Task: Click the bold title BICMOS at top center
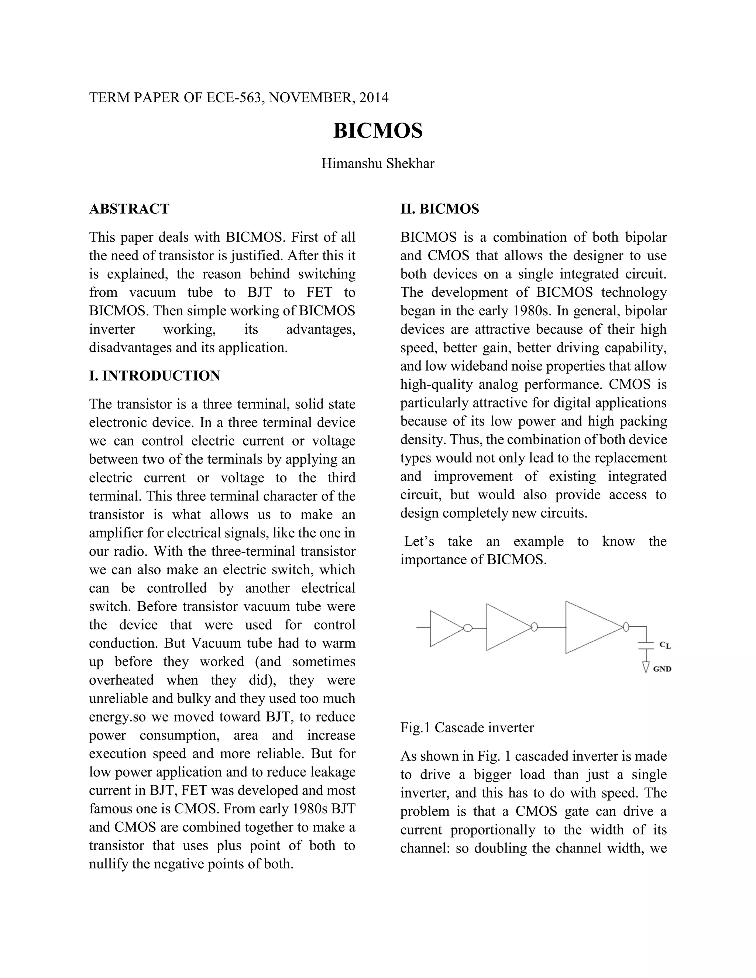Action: (378, 131)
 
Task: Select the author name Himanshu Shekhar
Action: (378, 163)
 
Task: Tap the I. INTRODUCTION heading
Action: (155, 376)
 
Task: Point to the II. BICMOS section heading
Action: (439, 209)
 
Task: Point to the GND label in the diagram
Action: (662, 669)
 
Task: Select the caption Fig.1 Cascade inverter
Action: (467, 728)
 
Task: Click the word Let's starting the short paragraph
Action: (419, 541)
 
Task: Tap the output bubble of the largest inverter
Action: (626, 627)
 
